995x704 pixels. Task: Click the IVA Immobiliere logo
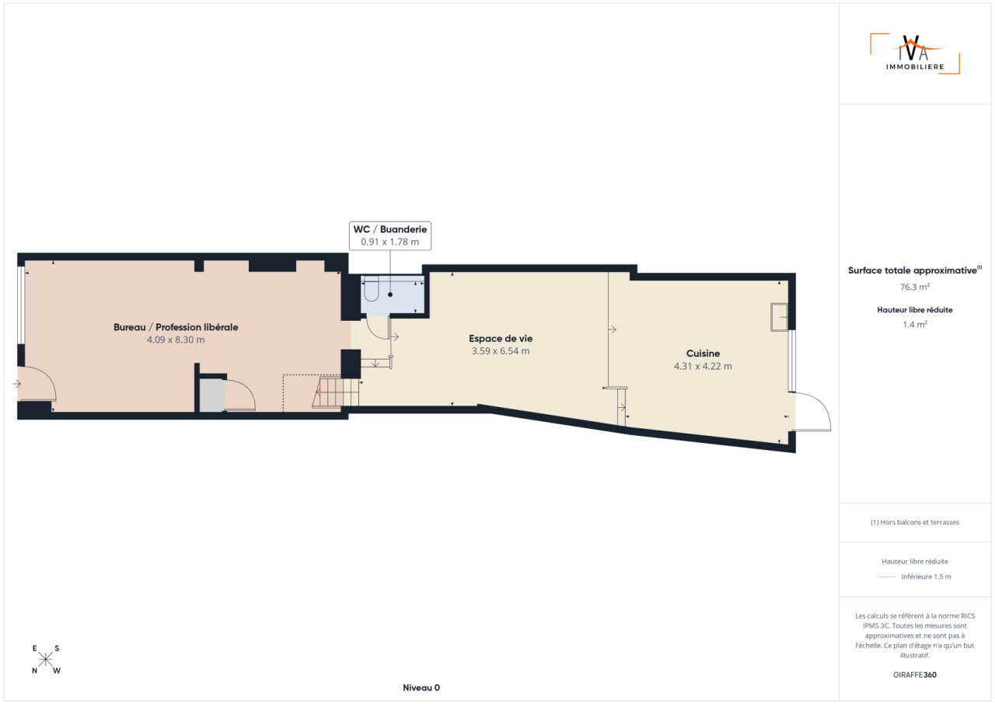915,54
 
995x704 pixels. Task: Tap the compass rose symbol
45,659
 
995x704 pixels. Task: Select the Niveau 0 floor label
421,688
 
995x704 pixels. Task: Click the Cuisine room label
703,354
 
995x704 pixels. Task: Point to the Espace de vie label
501,338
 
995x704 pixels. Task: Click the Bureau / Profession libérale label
176,327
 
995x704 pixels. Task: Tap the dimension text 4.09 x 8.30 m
176,340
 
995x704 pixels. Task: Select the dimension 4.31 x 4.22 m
703,366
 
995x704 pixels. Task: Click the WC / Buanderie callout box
390,235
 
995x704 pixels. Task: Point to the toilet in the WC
371,288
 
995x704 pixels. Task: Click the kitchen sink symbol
779,317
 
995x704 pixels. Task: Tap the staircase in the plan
337,391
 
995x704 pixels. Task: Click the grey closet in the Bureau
211,395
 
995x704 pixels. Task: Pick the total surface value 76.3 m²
915,287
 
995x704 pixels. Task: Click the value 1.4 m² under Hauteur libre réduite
915,325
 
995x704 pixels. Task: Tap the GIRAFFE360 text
915,674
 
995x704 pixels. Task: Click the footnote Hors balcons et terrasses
915,522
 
